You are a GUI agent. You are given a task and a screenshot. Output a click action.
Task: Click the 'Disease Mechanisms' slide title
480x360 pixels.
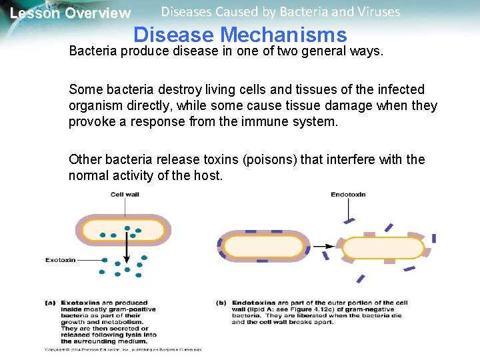[240, 35]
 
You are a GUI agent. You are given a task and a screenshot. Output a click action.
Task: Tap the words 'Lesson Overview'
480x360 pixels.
[71, 13]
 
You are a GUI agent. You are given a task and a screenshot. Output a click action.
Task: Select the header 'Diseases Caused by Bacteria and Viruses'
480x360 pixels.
[281, 12]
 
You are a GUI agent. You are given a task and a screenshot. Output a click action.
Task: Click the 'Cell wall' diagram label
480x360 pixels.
[125, 195]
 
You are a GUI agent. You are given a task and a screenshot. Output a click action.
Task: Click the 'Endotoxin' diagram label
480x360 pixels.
[348, 195]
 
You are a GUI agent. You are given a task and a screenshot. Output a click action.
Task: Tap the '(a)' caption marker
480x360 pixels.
[50, 303]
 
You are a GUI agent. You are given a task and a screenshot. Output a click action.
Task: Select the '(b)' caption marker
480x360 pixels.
[221, 303]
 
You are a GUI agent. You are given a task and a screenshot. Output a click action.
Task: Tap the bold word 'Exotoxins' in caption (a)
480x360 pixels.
[79, 303]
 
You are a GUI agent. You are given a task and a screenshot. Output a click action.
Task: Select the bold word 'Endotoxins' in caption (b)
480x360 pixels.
[252, 303]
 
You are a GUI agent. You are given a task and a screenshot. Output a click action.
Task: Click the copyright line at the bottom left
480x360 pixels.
[123, 349]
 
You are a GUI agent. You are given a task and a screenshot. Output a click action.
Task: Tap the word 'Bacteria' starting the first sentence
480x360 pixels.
[93, 52]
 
